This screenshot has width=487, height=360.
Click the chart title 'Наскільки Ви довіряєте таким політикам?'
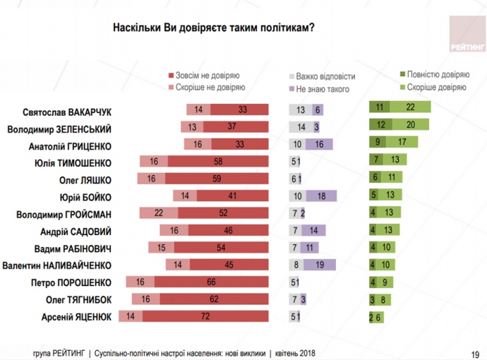214,28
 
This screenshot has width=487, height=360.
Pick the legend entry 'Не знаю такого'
318,89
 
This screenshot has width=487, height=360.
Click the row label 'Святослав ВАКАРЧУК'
68,111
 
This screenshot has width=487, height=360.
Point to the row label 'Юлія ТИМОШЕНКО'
76,162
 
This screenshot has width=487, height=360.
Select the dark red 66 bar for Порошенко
211,282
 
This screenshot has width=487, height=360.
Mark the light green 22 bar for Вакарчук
409,109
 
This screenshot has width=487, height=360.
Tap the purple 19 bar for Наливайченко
320,265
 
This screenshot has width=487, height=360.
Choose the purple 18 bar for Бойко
321,196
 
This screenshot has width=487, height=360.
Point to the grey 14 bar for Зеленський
301,127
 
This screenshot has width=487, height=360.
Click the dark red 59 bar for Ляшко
217,179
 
